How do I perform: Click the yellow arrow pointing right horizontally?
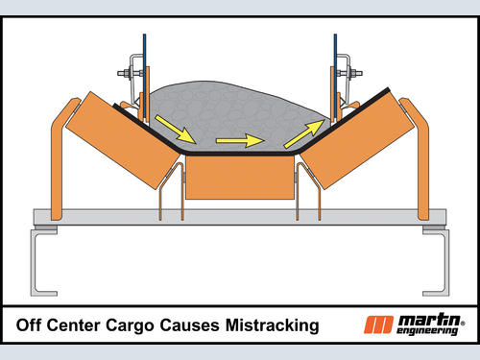click(240, 140)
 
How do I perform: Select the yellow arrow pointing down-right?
click(176, 129)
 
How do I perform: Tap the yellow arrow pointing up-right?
click(304, 134)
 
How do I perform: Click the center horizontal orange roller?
click(240, 178)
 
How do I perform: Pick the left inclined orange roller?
click(123, 141)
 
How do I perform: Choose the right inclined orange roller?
click(355, 141)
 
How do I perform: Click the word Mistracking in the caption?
click(273, 325)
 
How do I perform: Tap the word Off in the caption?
click(28, 324)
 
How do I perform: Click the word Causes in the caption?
click(189, 325)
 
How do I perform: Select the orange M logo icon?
click(378, 324)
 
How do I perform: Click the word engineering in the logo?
click(427, 331)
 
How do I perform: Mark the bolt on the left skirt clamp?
click(131, 73)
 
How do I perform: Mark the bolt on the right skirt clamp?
click(349, 73)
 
